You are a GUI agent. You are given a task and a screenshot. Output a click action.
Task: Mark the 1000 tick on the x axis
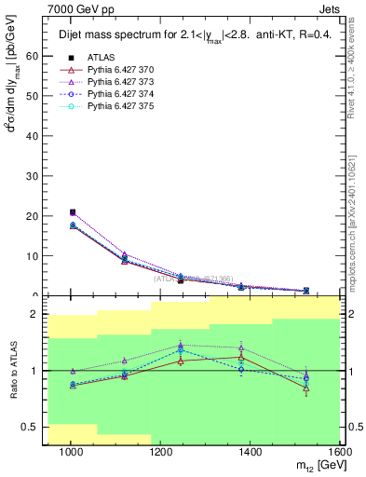pos(71,453)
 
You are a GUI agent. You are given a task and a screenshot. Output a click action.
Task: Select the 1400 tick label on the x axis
pos(251,453)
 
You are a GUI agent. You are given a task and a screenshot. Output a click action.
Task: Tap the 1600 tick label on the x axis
pos(341,453)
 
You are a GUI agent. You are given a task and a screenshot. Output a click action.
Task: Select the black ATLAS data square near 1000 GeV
pos(73,212)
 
